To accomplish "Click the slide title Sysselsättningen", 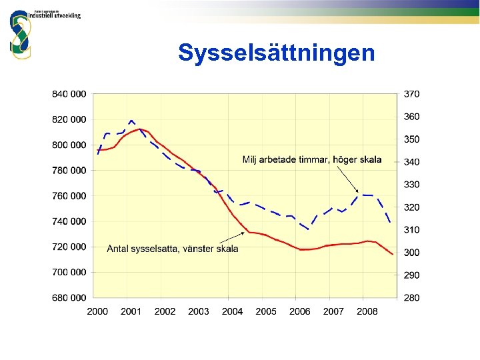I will [276, 53].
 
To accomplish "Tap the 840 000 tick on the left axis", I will [69, 94].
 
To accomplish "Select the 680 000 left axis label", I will [69, 297].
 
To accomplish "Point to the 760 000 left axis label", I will [69, 196].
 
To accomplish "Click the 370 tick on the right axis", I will [411, 94].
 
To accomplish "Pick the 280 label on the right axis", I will [411, 297].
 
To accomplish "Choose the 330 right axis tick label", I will [411, 185].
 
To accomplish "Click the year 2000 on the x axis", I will [97, 311].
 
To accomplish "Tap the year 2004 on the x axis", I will [232, 311].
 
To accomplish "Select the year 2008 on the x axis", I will [367, 311].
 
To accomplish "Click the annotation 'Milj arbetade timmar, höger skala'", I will [312, 159].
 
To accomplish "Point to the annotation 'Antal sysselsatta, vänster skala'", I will [173, 249].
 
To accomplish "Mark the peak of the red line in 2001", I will [140, 129].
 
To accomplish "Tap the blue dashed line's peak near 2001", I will [131, 121].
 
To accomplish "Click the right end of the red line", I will [393, 254].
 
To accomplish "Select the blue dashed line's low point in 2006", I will [307, 229].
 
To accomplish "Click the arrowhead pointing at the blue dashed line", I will [357, 192].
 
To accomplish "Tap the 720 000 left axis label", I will [69, 247].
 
